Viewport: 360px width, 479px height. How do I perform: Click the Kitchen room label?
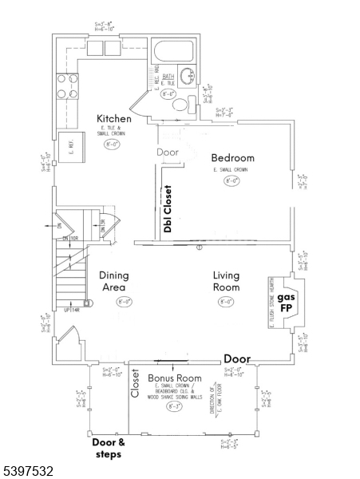(x=114, y=119)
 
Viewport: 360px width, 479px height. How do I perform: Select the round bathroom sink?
(x=188, y=77)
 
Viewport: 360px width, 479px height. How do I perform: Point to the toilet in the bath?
(x=180, y=104)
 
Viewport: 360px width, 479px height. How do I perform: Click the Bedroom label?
(x=232, y=158)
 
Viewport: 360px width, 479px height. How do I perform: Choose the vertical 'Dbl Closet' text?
(x=168, y=209)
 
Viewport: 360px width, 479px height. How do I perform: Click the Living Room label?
(x=226, y=281)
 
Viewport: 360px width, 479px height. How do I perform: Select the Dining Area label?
(x=114, y=281)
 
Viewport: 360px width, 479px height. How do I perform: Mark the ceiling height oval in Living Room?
(x=227, y=302)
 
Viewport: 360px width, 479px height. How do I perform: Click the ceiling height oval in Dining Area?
(x=124, y=302)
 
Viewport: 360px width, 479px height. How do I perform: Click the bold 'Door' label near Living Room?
(x=238, y=358)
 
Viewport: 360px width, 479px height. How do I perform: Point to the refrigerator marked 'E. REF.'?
(x=72, y=148)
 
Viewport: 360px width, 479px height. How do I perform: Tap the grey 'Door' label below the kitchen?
(x=167, y=152)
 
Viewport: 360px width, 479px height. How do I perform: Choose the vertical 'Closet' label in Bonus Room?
(x=135, y=384)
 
